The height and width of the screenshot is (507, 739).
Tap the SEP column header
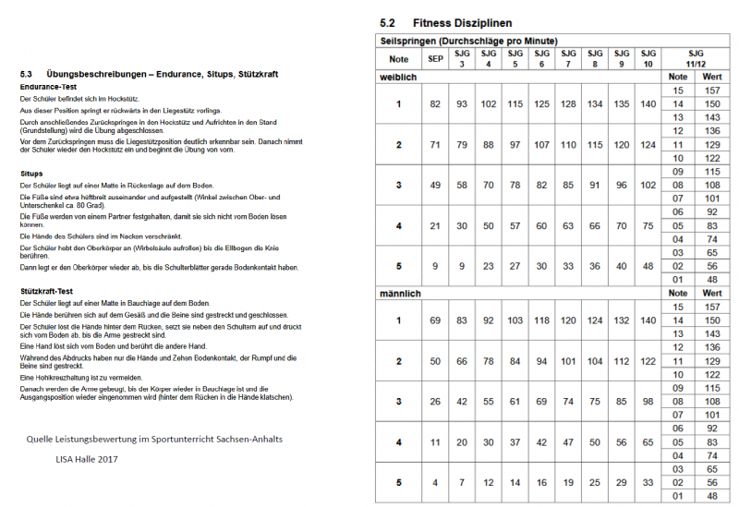(x=435, y=59)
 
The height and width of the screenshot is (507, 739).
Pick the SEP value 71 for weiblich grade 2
(x=435, y=146)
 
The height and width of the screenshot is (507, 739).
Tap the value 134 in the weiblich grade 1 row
(x=595, y=104)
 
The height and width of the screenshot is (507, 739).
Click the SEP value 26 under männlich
(x=435, y=402)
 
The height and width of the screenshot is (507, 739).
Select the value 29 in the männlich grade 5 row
(x=622, y=483)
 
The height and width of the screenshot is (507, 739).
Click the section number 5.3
(x=27, y=73)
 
